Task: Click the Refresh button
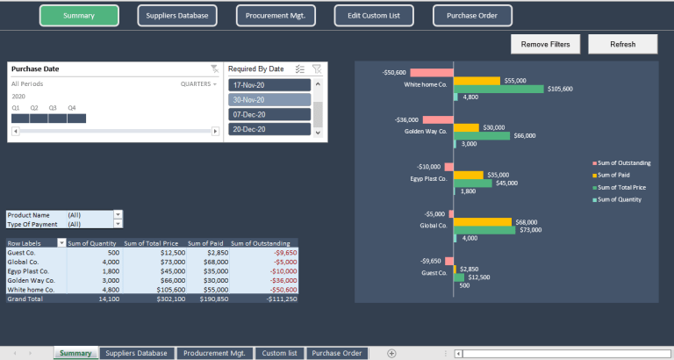622,44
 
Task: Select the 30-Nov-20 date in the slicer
269,99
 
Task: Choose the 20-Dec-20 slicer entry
269,129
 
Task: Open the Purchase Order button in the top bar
472,15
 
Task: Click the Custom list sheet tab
280,353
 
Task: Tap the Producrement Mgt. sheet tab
214,353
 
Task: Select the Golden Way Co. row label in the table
32,280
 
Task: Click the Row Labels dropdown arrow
61,243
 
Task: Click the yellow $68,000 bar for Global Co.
482,221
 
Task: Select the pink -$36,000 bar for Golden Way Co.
437,119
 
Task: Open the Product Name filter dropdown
118,214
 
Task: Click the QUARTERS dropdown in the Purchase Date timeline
198,83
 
